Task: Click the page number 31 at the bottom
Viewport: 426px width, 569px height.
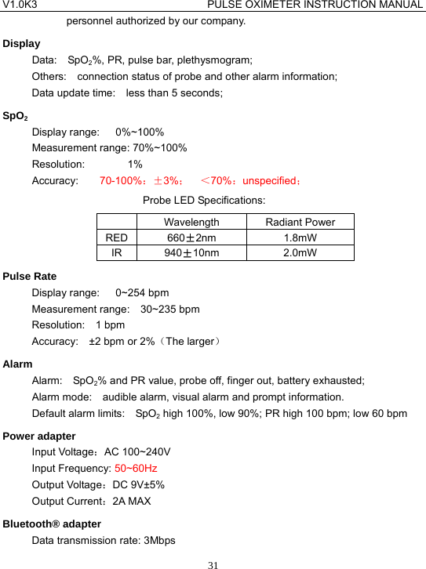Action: point(213,562)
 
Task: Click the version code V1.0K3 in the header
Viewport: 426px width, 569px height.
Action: point(20,5)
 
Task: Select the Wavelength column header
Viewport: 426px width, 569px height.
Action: point(191,223)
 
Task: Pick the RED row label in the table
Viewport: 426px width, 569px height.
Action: point(116,237)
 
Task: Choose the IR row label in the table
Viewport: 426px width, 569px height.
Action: point(116,252)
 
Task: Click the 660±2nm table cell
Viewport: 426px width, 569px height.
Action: point(191,237)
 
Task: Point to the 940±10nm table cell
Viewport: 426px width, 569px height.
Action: point(191,252)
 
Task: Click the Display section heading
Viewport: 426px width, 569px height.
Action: point(22,43)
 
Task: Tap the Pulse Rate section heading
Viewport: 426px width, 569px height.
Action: point(30,276)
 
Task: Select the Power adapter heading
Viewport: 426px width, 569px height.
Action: point(39,436)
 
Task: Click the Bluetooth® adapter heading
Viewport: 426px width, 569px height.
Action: point(52,524)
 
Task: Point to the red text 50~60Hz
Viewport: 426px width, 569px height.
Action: point(136,469)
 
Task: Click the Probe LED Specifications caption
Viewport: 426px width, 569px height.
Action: point(203,201)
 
